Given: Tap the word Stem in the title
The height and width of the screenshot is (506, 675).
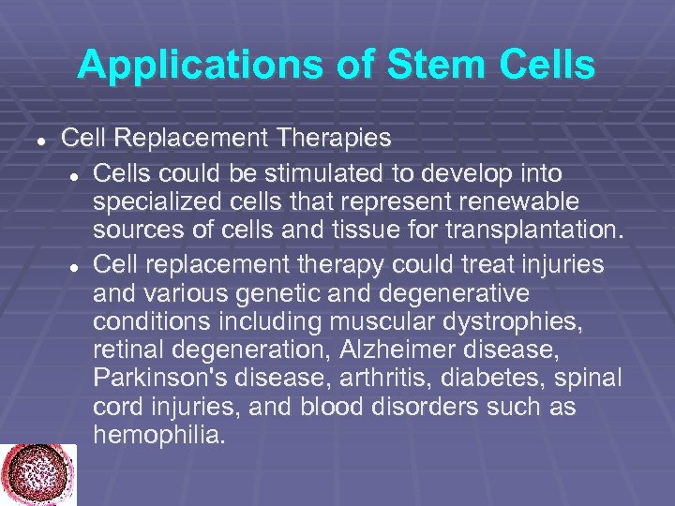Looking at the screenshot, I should (x=400, y=65).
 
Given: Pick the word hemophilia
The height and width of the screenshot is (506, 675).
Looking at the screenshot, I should (x=159, y=436).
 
